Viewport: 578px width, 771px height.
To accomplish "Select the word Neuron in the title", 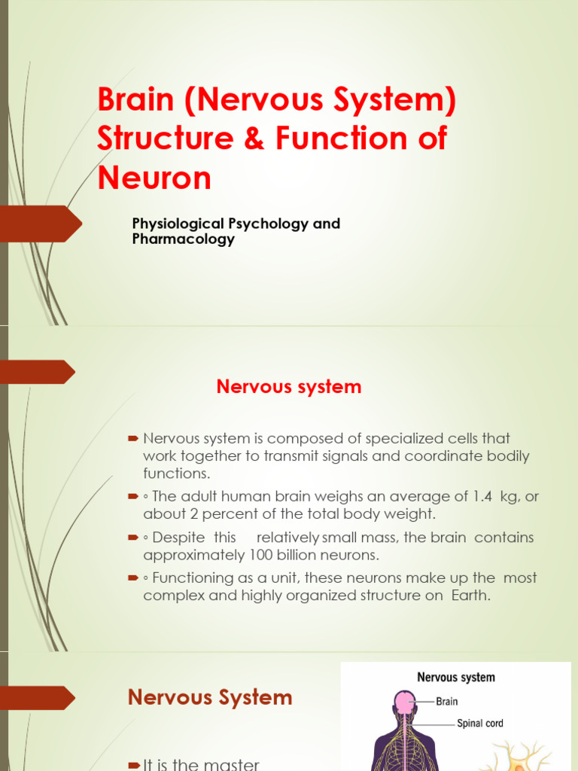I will tap(154, 178).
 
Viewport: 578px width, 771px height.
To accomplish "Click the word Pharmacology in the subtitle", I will tap(184, 239).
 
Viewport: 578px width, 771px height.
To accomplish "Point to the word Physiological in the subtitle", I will tap(178, 224).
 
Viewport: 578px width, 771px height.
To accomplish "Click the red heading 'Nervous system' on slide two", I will tap(289, 387).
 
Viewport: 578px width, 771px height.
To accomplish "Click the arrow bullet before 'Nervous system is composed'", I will tap(133, 438).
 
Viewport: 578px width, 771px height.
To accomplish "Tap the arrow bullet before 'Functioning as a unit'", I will tap(133, 578).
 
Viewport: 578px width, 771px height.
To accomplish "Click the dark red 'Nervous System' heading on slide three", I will tap(210, 697).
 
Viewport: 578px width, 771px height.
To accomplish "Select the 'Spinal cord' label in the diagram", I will tap(480, 724).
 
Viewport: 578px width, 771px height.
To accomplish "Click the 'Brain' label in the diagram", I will tap(446, 701).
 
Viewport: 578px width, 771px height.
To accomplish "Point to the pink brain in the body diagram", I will tap(405, 703).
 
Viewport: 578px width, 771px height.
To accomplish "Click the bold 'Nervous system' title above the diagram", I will tap(456, 678).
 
